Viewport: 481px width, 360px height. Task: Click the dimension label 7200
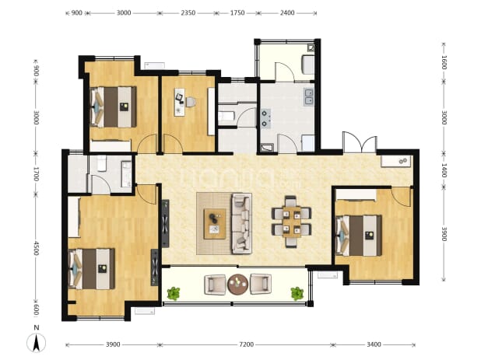point(246,344)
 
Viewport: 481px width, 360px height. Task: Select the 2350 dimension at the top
point(188,13)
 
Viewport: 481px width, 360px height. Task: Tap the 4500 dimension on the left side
point(37,248)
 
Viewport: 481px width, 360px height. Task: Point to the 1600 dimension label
point(444,62)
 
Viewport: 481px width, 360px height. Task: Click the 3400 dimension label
point(374,344)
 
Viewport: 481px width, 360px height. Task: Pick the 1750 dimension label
point(237,13)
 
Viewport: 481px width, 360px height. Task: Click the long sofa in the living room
point(241,223)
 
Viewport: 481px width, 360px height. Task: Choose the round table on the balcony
point(237,285)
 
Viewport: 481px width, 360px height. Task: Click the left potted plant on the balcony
point(174,293)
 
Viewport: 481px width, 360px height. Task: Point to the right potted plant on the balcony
point(297,293)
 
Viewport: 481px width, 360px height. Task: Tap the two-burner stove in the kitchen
point(265,118)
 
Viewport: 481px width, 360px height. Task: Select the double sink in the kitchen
point(308,97)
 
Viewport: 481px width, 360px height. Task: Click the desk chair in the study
point(191,102)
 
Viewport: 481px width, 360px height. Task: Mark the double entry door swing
point(360,142)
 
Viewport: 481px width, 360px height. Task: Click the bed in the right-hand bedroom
point(359,236)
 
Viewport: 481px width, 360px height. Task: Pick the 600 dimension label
point(37,309)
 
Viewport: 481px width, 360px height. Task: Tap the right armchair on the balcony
point(261,285)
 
